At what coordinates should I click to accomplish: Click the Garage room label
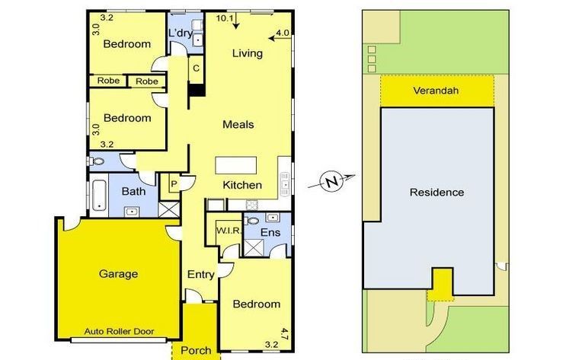click(118, 274)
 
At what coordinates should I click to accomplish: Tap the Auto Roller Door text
click(119, 331)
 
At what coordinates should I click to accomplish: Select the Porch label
click(196, 350)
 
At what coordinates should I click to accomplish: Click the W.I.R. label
click(229, 231)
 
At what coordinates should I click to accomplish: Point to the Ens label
click(270, 233)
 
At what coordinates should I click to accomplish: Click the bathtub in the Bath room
click(99, 196)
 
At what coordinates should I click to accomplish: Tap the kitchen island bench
click(236, 165)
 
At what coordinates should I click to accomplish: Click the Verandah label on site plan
click(436, 91)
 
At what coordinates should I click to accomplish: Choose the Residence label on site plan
click(437, 193)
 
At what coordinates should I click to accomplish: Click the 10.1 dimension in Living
click(225, 18)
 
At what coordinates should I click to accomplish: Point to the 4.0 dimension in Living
click(283, 33)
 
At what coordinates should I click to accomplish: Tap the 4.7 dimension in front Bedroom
click(284, 334)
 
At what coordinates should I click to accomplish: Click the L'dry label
click(181, 33)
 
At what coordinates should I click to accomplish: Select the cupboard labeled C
click(197, 68)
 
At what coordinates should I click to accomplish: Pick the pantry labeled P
click(174, 183)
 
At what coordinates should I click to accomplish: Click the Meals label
click(238, 124)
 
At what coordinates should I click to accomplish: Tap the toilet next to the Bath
click(97, 161)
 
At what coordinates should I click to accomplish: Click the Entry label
click(201, 275)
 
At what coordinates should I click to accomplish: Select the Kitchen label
click(242, 185)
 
